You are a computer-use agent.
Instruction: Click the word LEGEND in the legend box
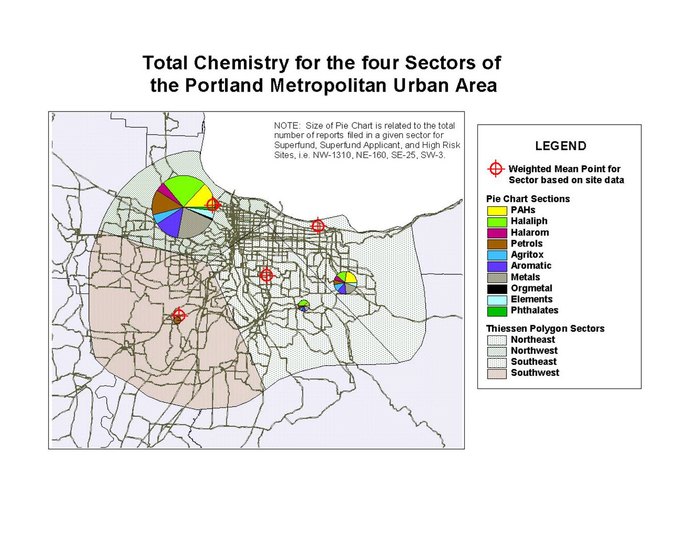[561, 146]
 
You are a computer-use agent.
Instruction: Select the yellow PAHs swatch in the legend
[497, 210]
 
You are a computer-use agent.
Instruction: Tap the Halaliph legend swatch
[497, 221]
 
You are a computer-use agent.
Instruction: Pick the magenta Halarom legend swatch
[497, 233]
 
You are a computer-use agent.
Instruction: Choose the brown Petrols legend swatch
[497, 244]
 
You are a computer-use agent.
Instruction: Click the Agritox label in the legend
[527, 254]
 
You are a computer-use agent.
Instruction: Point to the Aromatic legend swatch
[497, 266]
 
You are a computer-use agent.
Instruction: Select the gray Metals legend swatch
[497, 277]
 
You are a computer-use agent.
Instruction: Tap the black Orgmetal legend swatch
[497, 288]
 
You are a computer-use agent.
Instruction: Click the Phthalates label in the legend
[534, 310]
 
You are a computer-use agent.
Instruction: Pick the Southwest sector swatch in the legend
[497, 373]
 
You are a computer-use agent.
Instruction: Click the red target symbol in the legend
[495, 169]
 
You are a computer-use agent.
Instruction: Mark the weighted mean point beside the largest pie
[212, 204]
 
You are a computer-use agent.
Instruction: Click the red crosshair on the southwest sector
[179, 314]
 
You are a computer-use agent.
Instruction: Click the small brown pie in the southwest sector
[177, 320]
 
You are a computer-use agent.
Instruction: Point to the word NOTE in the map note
[287, 126]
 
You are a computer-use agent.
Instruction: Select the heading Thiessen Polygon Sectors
[545, 329]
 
